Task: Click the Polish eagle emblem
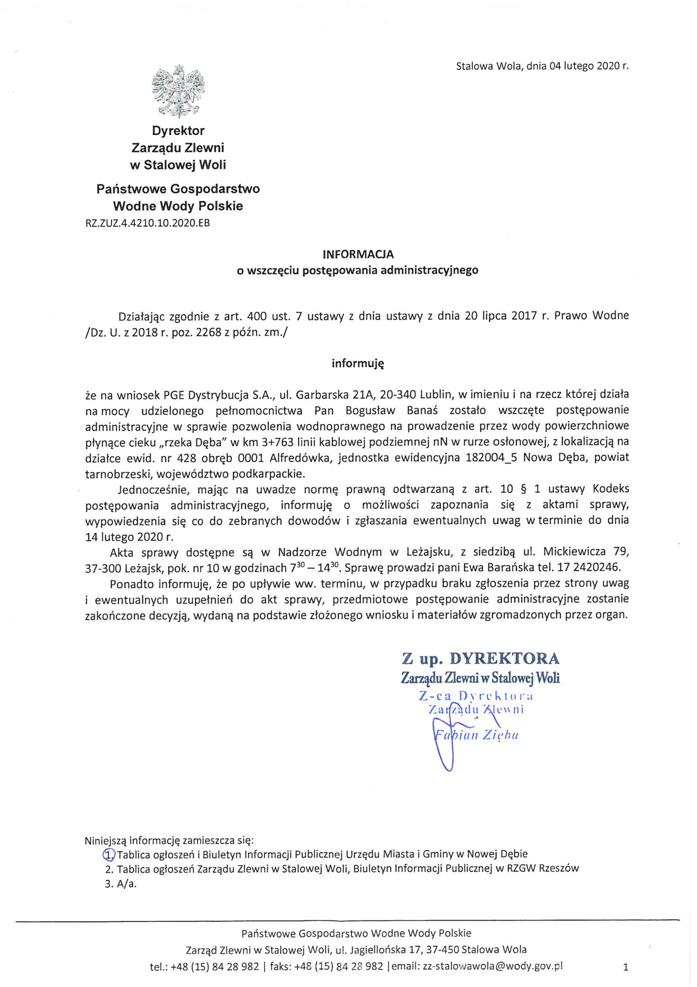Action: (178, 91)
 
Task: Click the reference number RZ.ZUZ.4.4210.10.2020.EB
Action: (148, 223)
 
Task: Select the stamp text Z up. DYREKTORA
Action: (481, 659)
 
